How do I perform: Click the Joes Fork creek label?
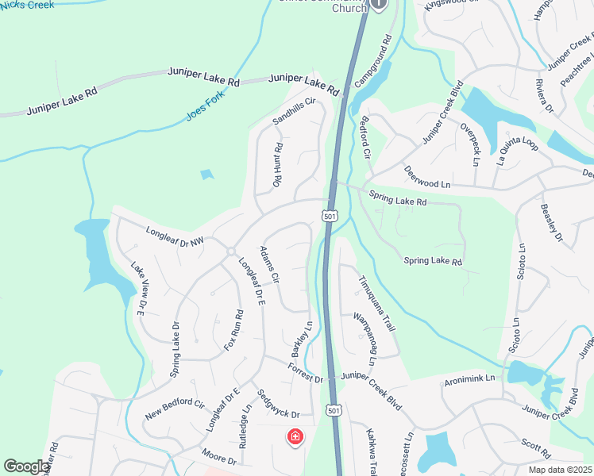pos(206,105)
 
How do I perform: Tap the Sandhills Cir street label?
pos(295,111)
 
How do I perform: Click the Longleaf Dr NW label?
pos(175,236)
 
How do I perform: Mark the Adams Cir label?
pos(270,265)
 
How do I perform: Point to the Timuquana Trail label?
pos(376,303)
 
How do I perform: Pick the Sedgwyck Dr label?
pos(277,404)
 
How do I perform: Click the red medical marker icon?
pos(295,436)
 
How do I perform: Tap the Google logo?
pos(27,466)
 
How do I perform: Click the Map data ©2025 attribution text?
pos(559,470)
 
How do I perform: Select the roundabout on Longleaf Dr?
pos(230,251)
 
